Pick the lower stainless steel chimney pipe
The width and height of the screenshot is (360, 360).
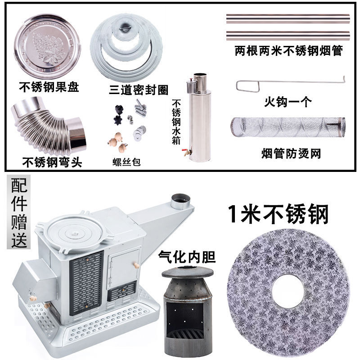click(288, 35)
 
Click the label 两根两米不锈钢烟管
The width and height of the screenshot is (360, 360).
click(288, 51)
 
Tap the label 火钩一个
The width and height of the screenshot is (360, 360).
click(288, 102)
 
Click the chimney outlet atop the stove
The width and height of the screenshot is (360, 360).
click(181, 201)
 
